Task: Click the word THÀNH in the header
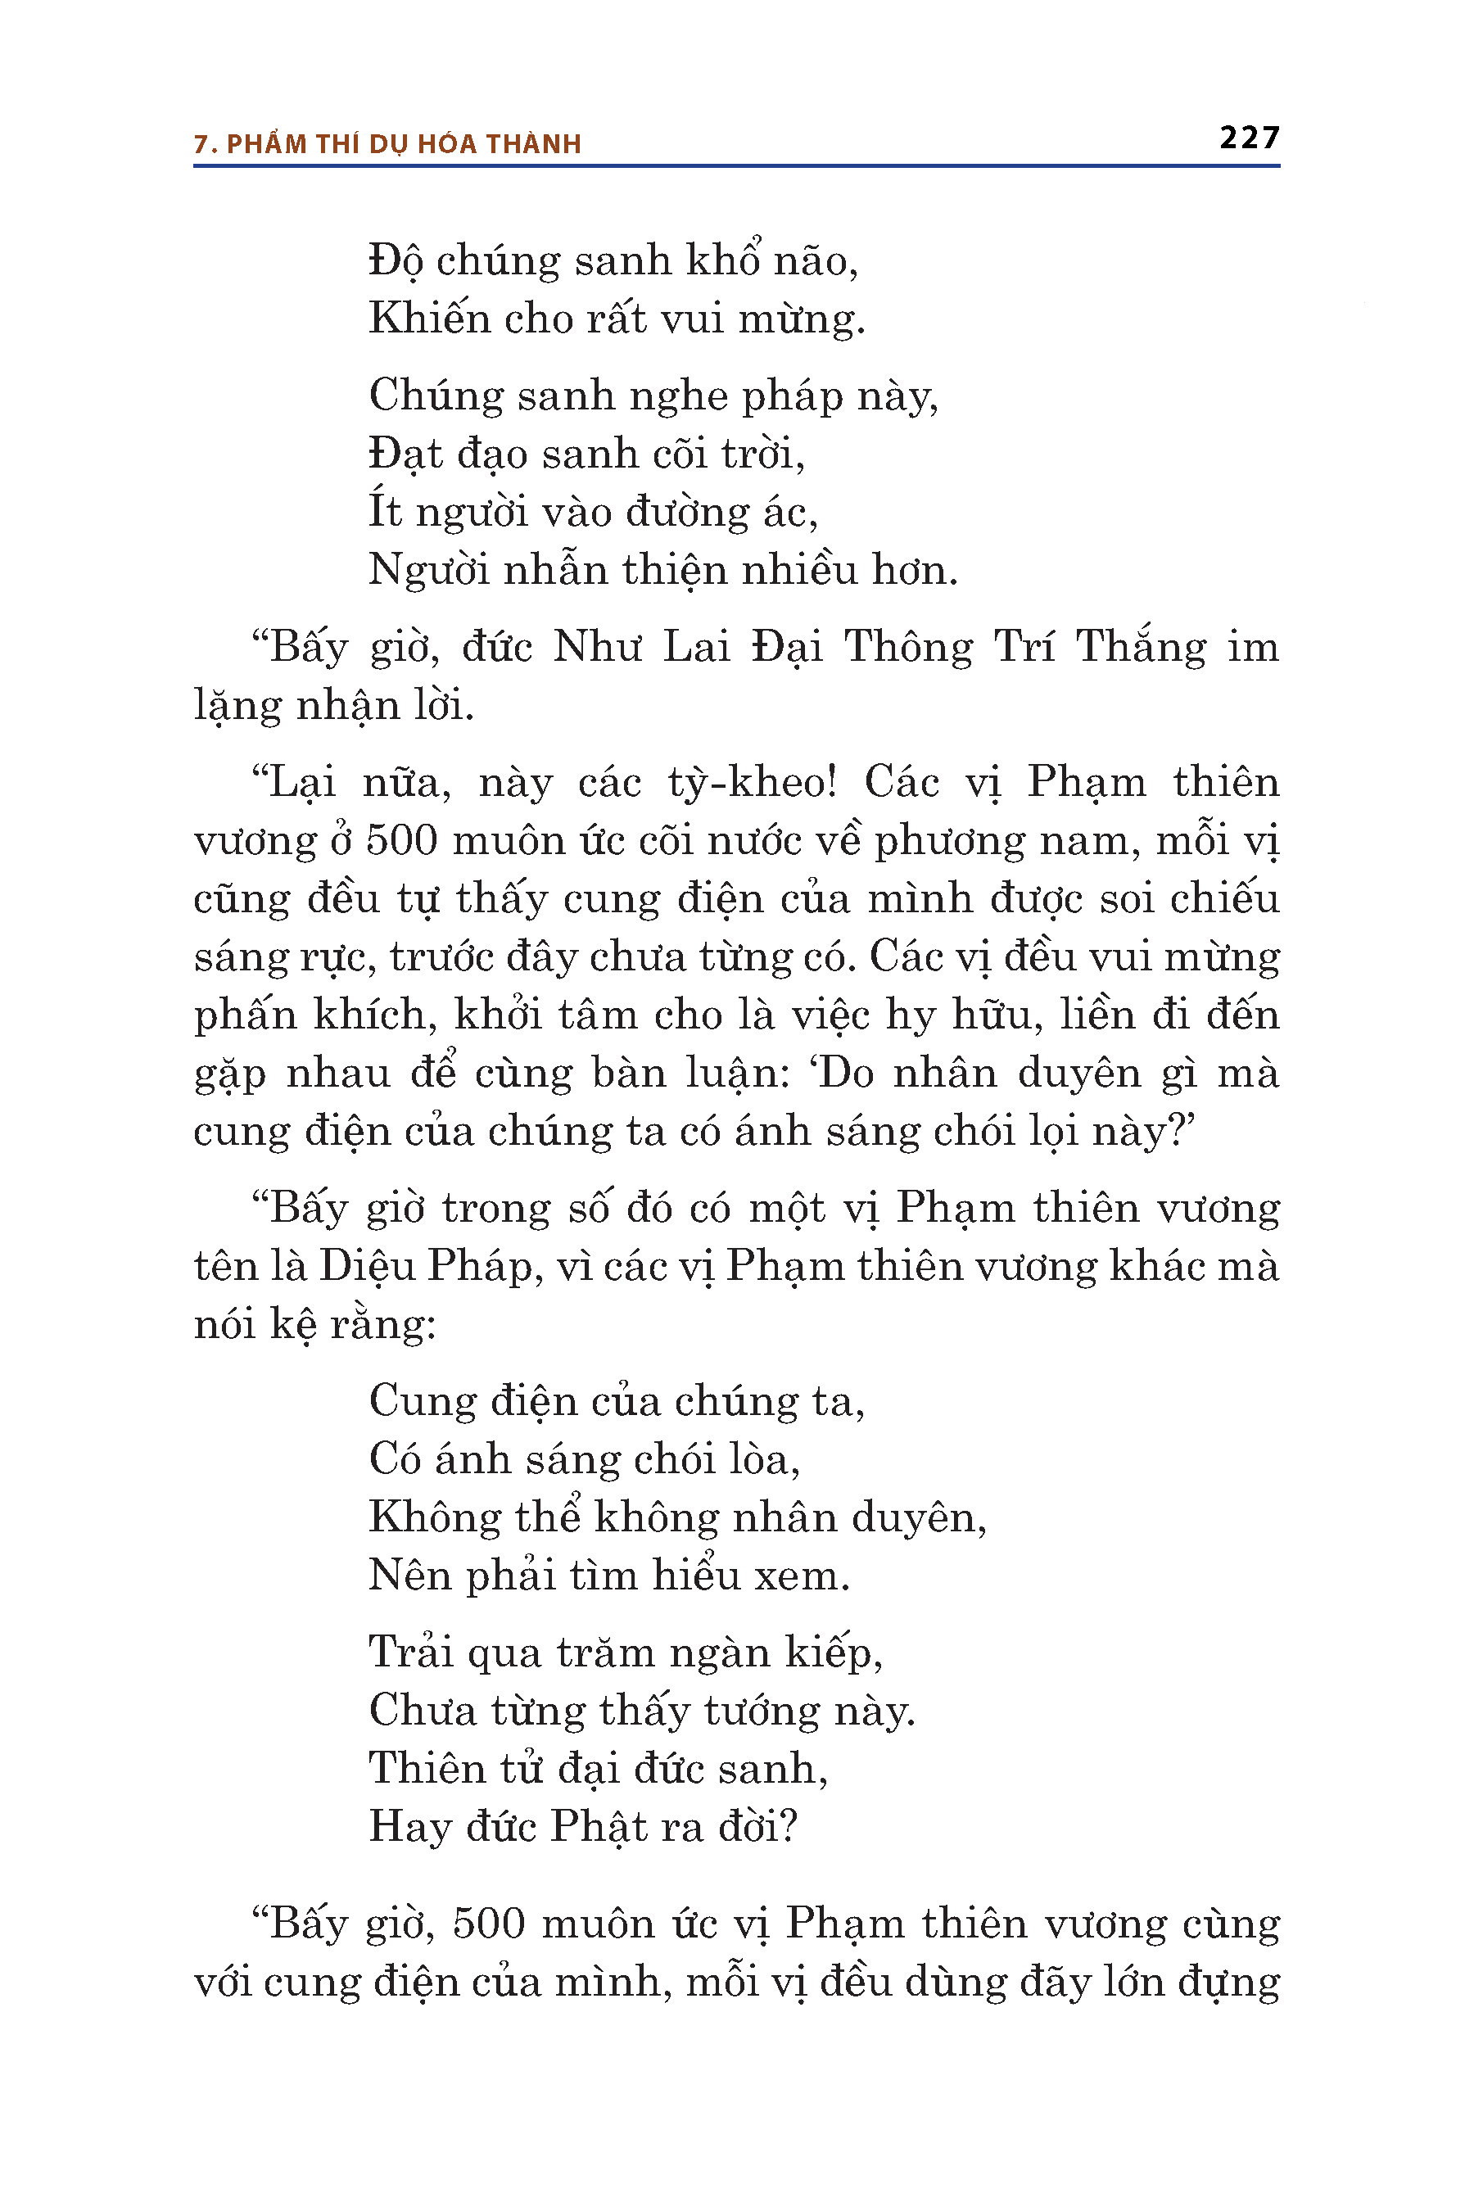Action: (534, 144)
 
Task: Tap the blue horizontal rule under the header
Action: (736, 166)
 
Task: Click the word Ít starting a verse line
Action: (385, 513)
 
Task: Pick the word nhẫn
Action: (554, 571)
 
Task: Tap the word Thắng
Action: (1140, 648)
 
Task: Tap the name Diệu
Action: (367, 1266)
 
